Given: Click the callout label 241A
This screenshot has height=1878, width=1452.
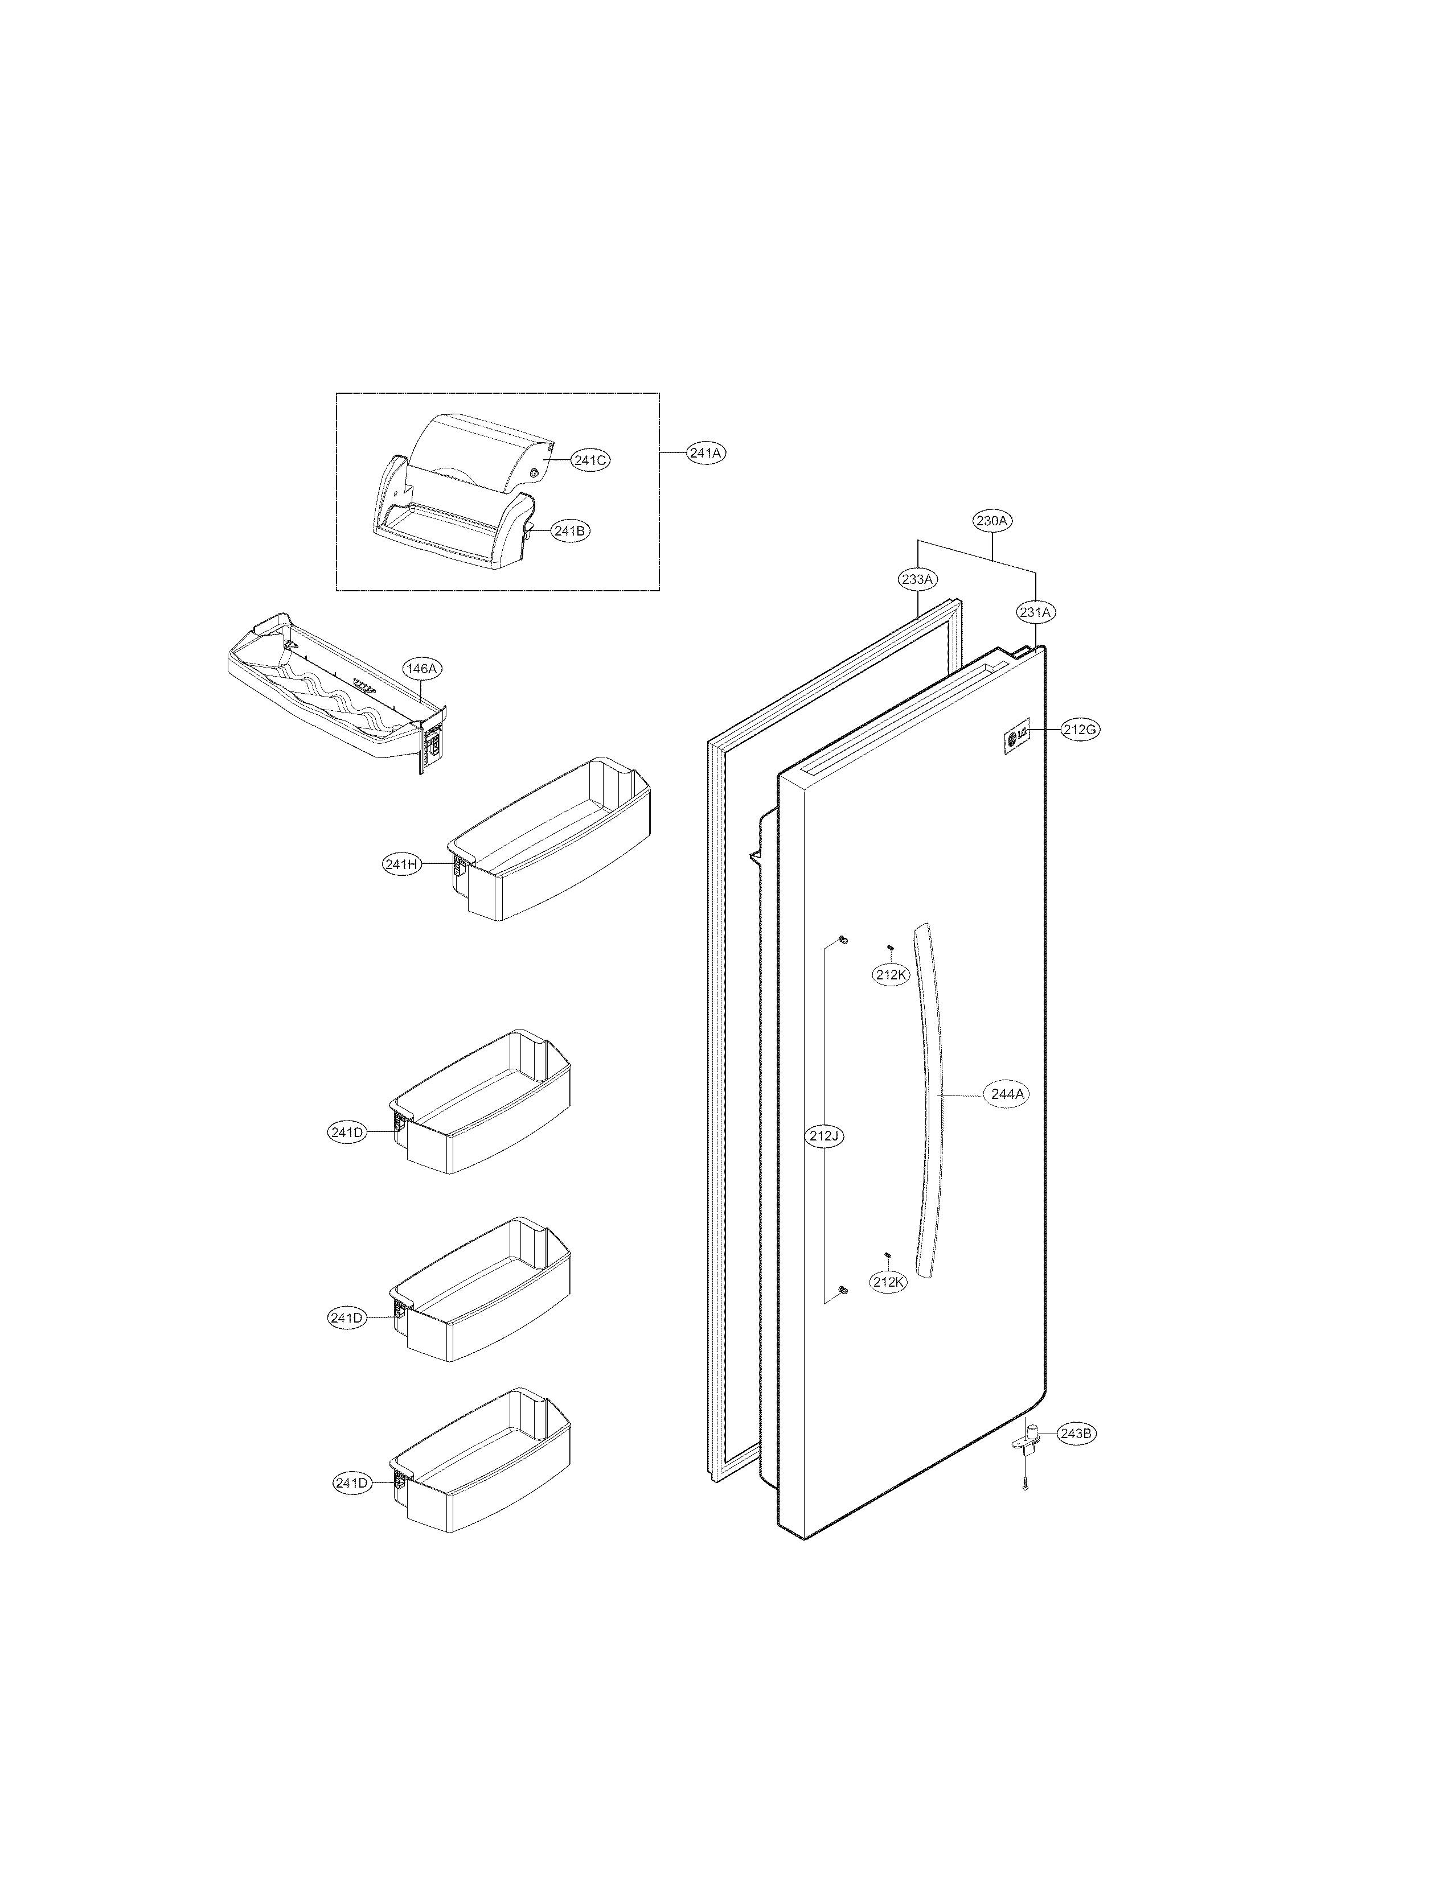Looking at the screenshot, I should tap(706, 452).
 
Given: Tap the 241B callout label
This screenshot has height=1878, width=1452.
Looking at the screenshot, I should tap(569, 532).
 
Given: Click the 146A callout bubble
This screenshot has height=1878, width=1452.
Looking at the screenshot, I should tap(421, 668).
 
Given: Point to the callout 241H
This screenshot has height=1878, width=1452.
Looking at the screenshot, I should tap(401, 864).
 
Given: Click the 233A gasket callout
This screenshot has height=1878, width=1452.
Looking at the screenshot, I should tap(917, 579).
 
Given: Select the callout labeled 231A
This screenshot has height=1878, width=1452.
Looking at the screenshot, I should tap(1035, 612).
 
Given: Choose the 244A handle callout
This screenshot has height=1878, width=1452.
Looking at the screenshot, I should tap(1007, 1094).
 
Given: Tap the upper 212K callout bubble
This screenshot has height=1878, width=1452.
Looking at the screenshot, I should tap(891, 974).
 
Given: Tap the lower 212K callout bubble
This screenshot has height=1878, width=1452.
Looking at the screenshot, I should tap(889, 1306).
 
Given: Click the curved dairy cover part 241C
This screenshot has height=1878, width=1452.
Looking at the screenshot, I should tap(482, 456).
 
